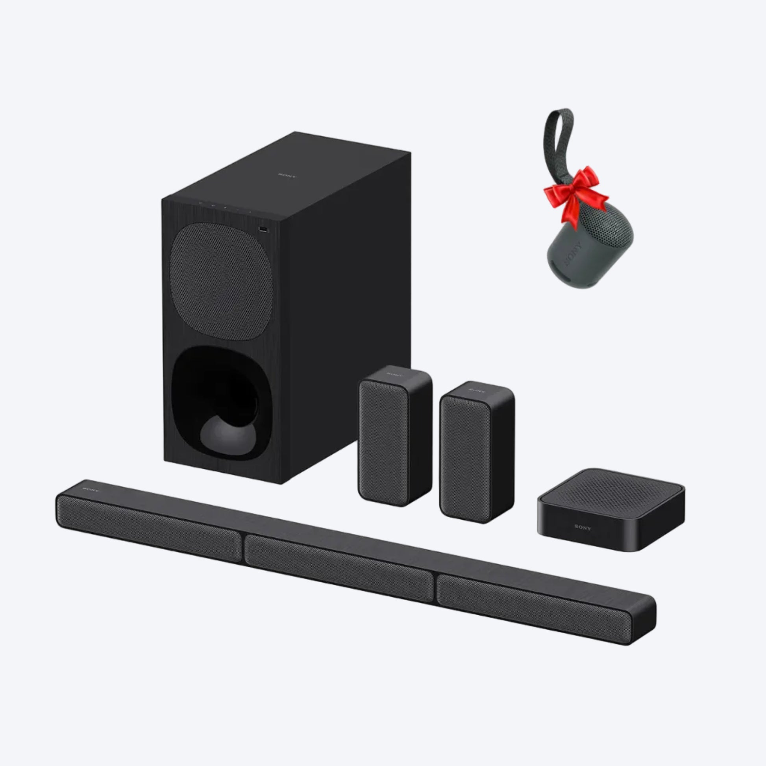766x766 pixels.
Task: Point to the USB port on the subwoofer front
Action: pos(263,229)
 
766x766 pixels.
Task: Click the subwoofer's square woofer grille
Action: pos(221,281)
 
